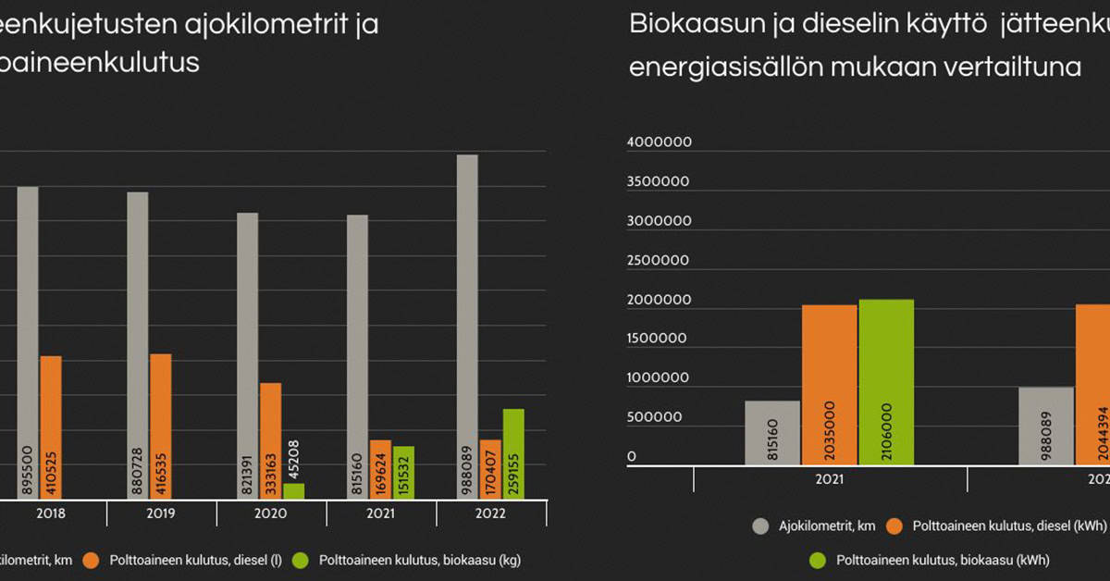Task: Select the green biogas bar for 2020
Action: coord(293,491)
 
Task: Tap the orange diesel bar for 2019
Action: coord(160,426)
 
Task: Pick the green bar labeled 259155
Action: coord(513,453)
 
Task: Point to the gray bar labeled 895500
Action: coord(28,342)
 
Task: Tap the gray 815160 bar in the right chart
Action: coord(772,432)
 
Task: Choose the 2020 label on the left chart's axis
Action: coord(271,514)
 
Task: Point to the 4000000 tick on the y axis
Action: coord(659,143)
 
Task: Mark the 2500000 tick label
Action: coord(659,261)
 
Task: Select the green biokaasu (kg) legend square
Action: coord(300,560)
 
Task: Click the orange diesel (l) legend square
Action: coord(90,560)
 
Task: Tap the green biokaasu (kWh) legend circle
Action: coord(817,560)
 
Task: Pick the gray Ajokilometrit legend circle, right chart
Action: coord(761,526)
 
